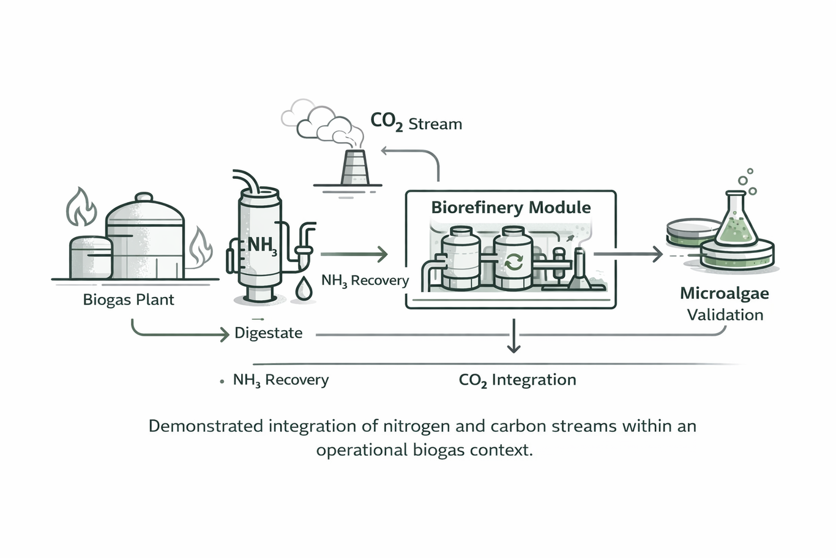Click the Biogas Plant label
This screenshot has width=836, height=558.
click(x=129, y=300)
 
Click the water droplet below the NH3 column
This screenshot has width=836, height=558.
click(x=304, y=289)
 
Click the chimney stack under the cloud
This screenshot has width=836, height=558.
click(x=354, y=168)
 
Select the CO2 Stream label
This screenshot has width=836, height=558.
click(x=416, y=123)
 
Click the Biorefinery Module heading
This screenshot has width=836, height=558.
click(x=511, y=208)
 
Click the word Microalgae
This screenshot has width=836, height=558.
click(x=724, y=293)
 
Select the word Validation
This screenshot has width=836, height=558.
click(x=725, y=315)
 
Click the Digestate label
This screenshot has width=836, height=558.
click(x=269, y=333)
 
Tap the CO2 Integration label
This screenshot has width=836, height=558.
click(x=517, y=380)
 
